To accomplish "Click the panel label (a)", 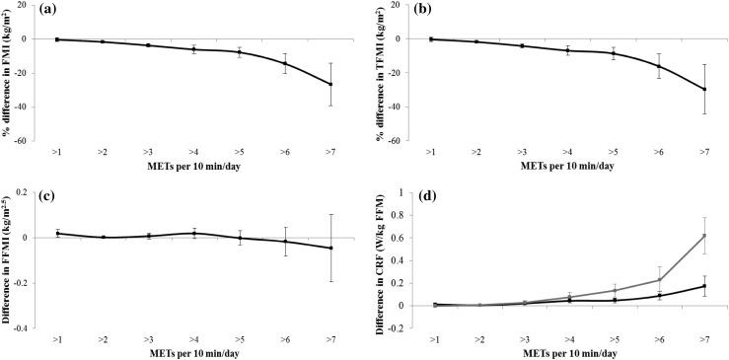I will [52, 12].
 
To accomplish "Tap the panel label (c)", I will [52, 194].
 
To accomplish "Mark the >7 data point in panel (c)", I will [329, 248].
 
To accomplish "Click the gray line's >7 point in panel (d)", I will [704, 236].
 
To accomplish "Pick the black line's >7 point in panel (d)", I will [704, 286].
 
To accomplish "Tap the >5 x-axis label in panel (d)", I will [612, 337].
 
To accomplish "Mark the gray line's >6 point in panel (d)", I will [658, 280].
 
